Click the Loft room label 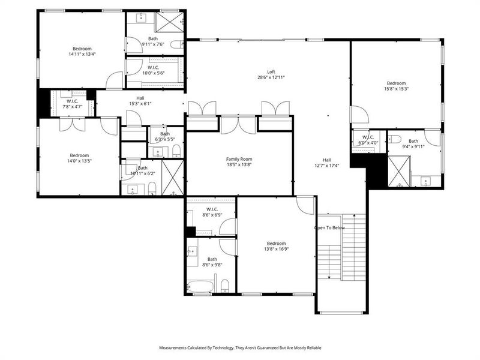click(x=271, y=71)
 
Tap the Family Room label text click(x=238, y=159)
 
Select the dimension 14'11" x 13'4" click(x=82, y=54)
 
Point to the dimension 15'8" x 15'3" click(x=396, y=89)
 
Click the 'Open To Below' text click(x=329, y=228)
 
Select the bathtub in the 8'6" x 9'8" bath click(x=200, y=287)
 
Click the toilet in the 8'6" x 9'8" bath click(x=224, y=284)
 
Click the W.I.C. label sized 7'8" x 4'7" click(x=73, y=101)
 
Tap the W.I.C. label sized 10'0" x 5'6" click(x=153, y=67)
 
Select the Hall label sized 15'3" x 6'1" click(x=140, y=98)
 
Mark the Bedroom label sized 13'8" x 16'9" click(x=277, y=244)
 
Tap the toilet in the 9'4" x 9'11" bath click(x=395, y=139)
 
